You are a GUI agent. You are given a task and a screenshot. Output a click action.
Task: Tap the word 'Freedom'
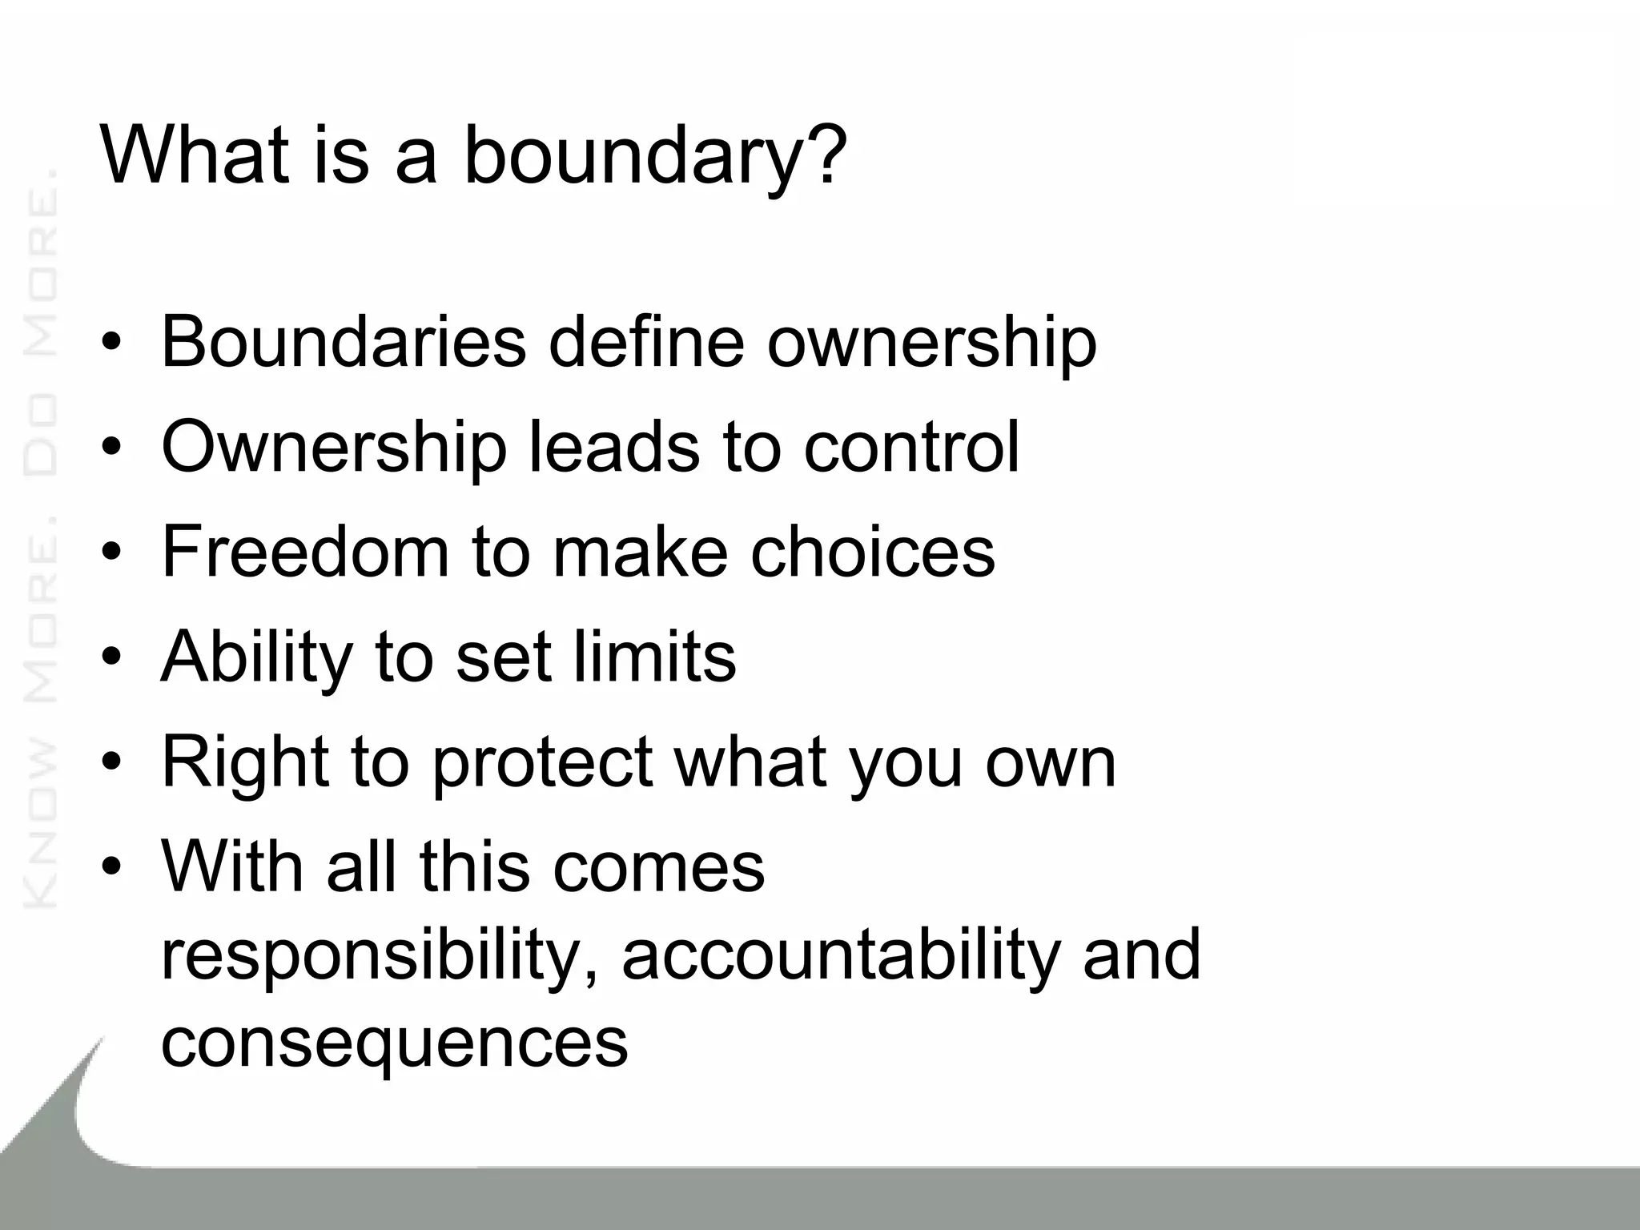pyautogui.click(x=305, y=552)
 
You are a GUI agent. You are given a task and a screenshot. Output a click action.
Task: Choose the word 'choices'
pyautogui.click(x=872, y=552)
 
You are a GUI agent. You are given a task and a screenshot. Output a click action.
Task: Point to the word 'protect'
pyautogui.click(x=542, y=763)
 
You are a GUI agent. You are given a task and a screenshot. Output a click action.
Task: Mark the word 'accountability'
pyautogui.click(x=841, y=955)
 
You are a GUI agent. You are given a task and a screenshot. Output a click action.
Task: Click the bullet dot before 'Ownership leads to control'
pyautogui.click(x=111, y=448)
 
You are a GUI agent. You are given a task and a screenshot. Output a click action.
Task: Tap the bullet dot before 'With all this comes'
pyautogui.click(x=111, y=868)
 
